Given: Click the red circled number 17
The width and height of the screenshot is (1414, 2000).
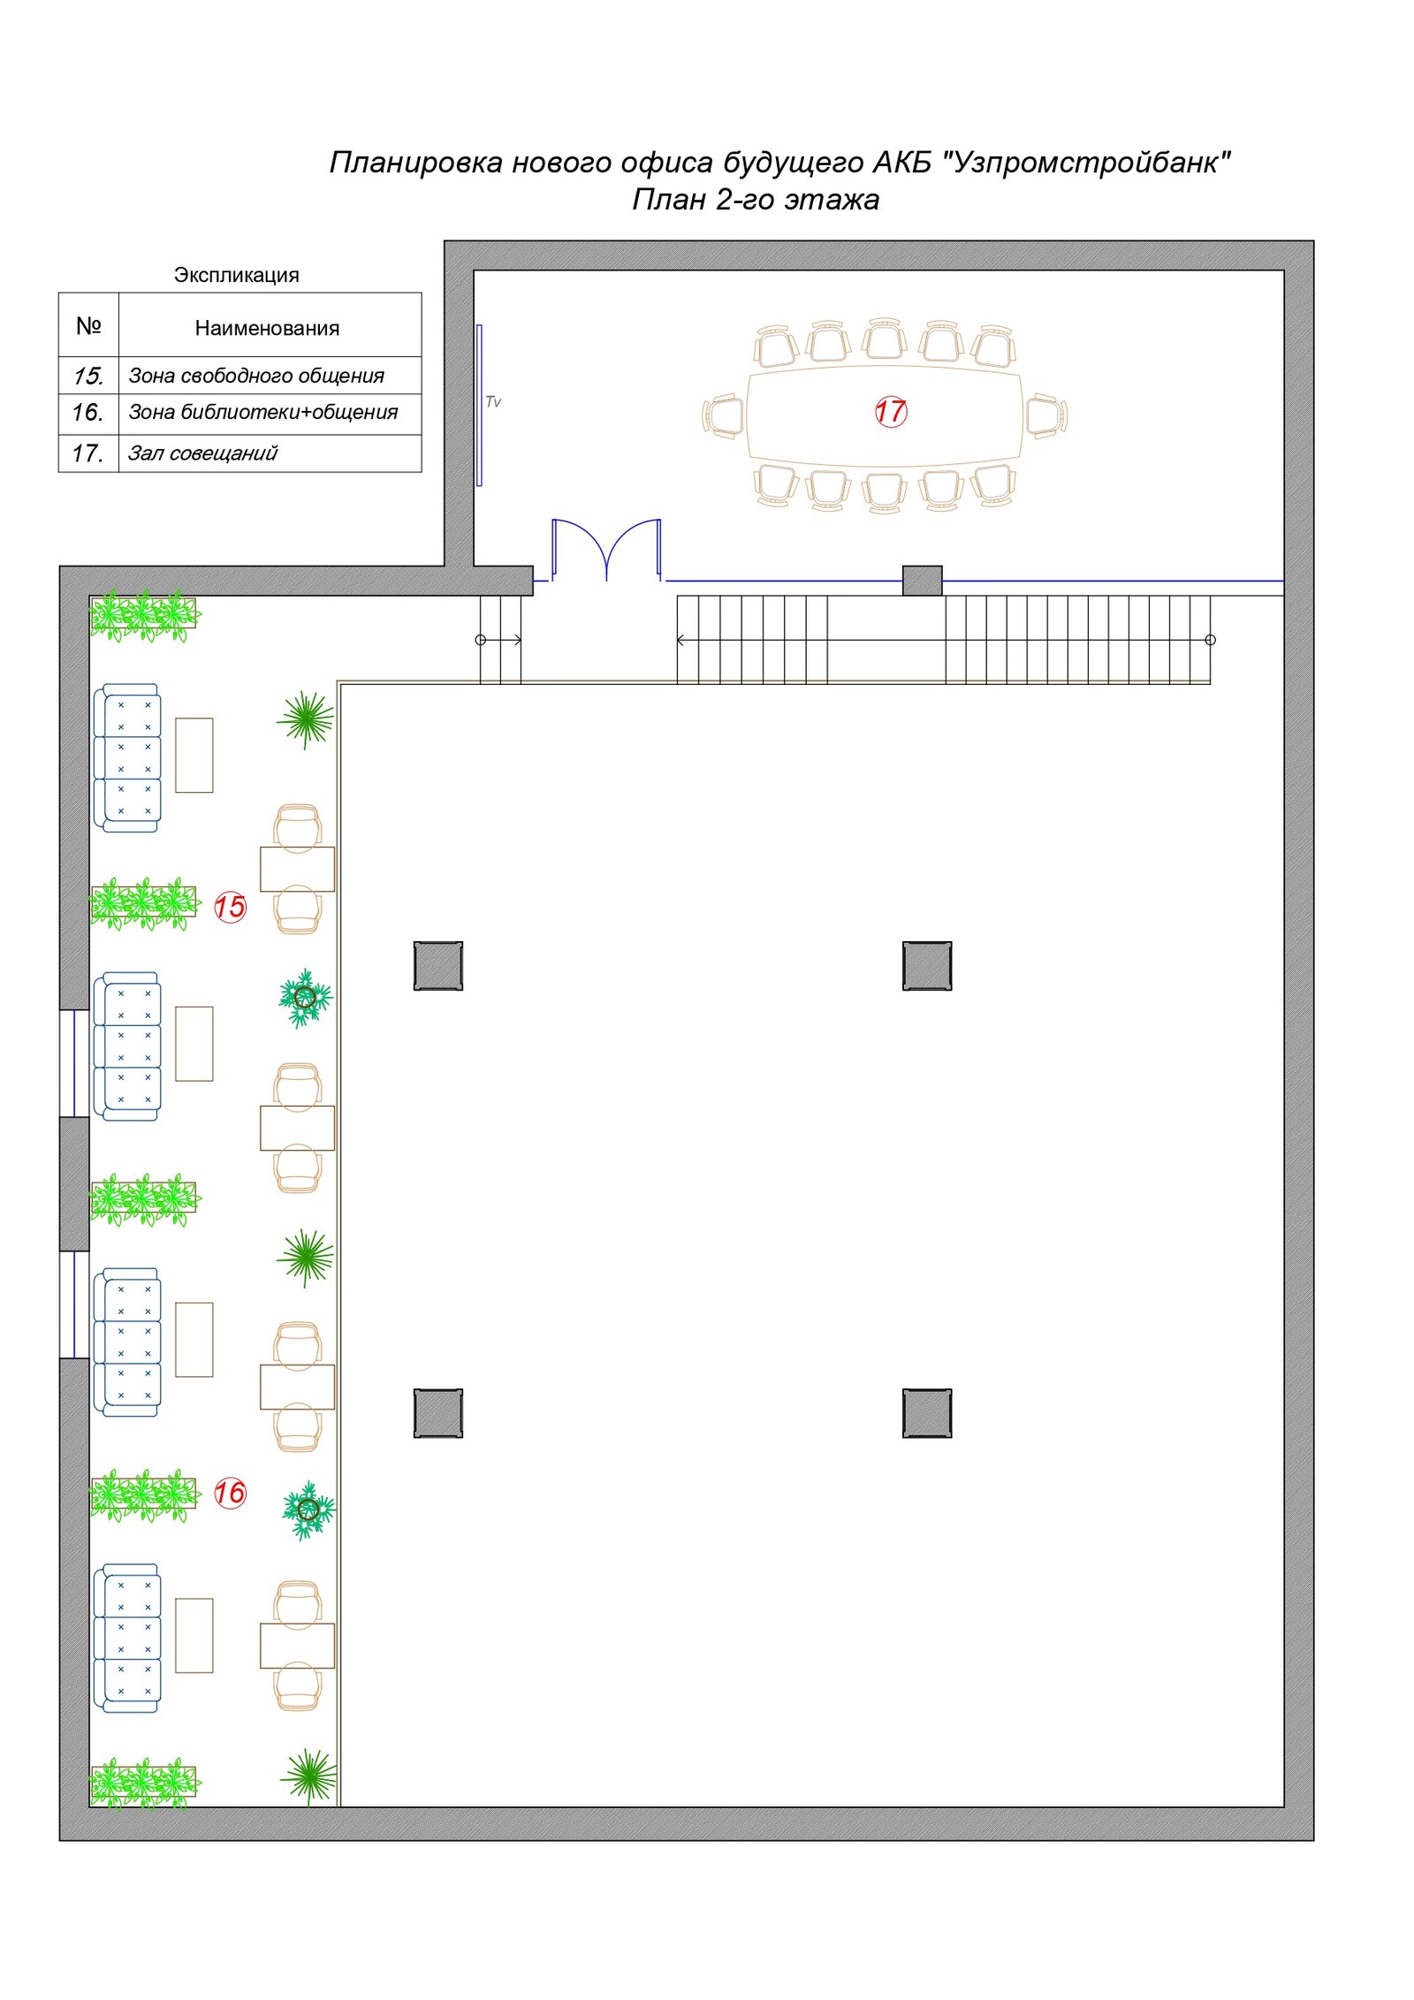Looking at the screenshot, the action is coord(890,411).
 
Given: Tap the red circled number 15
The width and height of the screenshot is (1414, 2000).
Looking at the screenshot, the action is coord(230,907).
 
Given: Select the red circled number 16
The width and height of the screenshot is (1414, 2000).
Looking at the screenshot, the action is coord(230,1493).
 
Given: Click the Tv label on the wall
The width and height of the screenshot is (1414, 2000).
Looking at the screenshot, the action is coord(493,402).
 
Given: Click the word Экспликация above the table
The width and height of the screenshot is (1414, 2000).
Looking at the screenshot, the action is coord(236,275).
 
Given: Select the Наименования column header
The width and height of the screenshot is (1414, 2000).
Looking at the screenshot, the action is coord(267,328).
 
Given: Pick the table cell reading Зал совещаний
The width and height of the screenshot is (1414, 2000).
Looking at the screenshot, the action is coord(202,453).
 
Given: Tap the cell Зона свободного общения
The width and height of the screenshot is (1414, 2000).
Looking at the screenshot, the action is coord(256,376).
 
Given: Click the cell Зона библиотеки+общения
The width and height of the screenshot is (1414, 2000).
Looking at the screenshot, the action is coord(263,412).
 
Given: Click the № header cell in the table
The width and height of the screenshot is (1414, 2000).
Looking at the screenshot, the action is coord(88,325).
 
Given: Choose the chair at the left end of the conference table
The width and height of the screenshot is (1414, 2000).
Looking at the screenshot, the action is coord(724,415).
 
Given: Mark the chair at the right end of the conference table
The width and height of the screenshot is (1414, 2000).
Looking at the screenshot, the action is coord(1046,415).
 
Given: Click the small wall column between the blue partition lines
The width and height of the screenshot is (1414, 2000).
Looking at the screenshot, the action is coord(922,581).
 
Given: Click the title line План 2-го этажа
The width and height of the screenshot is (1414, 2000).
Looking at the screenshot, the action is coord(756,200).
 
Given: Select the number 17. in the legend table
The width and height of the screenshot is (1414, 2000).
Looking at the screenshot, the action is coord(87,453).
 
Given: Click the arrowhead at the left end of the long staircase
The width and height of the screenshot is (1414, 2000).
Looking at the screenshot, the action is coord(680,640).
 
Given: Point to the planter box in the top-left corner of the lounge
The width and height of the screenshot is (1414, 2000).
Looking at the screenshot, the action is coord(144,613).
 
